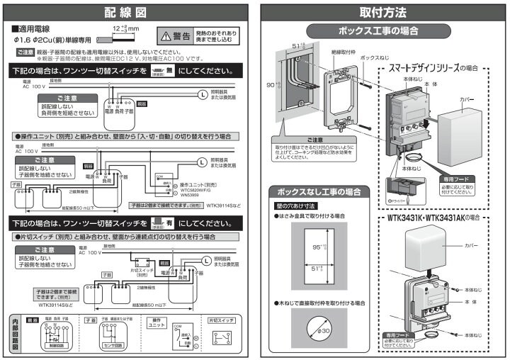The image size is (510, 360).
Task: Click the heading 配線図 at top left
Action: point(128,12)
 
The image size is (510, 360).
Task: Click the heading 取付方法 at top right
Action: point(383,12)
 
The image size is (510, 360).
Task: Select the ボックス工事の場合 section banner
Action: point(382,30)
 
